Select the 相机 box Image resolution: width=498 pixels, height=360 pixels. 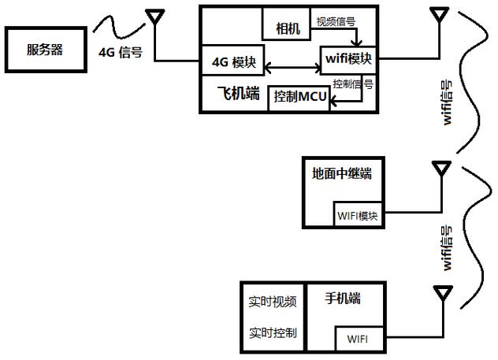pyautogui.click(x=288, y=28)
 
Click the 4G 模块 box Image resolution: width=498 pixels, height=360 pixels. pyautogui.click(x=233, y=61)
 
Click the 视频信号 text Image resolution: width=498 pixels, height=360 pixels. pyautogui.click(x=336, y=21)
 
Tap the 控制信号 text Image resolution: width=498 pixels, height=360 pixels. pyautogui.click(x=352, y=83)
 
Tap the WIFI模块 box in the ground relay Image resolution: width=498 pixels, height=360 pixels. pyautogui.click(x=359, y=215)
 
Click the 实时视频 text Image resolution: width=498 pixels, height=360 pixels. pyautogui.click(x=273, y=302)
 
